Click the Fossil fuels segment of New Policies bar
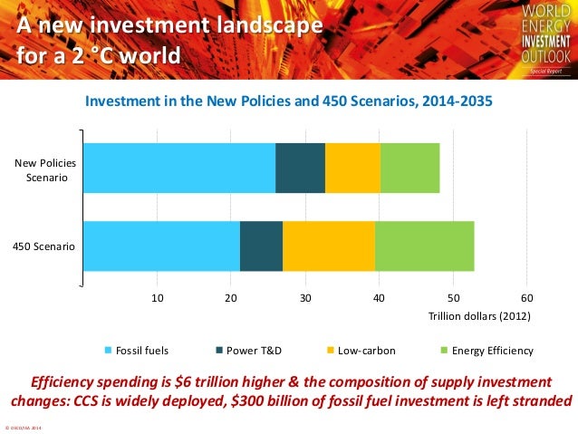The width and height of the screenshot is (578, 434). [179, 168]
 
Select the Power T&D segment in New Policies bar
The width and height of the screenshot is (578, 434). [300, 168]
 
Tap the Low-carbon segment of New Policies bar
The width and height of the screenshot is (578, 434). [352, 168]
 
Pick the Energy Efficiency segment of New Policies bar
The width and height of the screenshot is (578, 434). [409, 168]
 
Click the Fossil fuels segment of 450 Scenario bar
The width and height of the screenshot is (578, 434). [161, 246]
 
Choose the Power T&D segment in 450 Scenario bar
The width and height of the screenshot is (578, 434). [261, 246]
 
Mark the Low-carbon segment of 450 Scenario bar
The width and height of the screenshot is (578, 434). [328, 246]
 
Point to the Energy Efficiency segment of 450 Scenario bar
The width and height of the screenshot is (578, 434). [424, 246]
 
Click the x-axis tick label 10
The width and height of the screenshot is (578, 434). [157, 297]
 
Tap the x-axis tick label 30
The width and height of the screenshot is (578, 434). [305, 297]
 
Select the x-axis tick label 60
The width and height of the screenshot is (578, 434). [527, 297]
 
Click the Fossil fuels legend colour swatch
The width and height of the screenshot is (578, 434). [111, 351]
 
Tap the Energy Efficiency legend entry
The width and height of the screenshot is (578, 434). [486, 351]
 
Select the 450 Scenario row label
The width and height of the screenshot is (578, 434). [44, 246]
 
